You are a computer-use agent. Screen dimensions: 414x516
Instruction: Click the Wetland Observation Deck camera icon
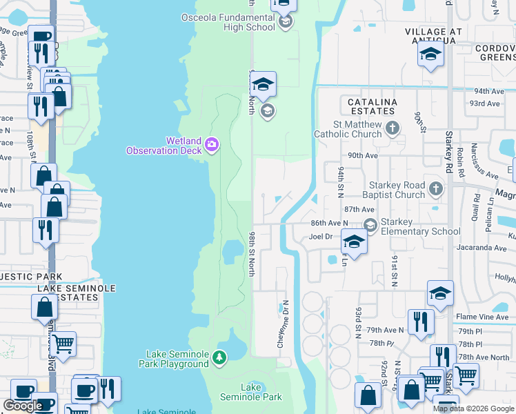212,144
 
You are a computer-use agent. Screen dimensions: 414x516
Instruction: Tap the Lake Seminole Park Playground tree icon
219,357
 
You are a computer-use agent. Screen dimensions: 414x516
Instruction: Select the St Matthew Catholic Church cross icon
393,128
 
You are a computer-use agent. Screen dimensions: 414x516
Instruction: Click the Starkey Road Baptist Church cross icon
435,188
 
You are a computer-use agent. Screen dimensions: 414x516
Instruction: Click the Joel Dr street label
321,236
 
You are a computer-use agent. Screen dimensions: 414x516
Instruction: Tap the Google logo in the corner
23,406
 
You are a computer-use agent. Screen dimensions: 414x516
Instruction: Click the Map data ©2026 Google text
473,408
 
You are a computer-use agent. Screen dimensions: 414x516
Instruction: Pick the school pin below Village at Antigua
430,55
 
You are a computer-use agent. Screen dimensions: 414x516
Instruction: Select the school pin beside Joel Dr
354,244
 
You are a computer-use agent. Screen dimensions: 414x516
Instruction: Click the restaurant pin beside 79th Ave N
419,323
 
